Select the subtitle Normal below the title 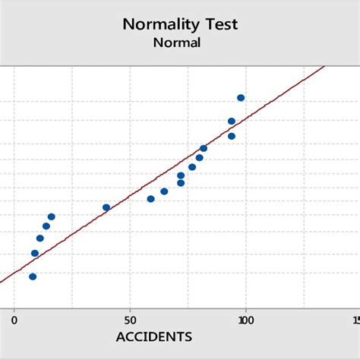click(177, 43)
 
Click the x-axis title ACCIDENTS click(153, 336)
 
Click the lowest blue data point click(33, 276)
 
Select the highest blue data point click(241, 98)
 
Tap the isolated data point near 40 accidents click(106, 207)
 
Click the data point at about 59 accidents click(150, 199)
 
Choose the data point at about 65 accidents click(164, 191)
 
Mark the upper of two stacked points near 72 click(181, 175)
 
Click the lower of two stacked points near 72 click(181, 183)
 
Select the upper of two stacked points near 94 click(232, 122)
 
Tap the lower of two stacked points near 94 click(232, 136)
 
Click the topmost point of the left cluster click(52, 216)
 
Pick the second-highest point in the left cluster click(46, 226)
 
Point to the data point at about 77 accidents click(192, 167)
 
